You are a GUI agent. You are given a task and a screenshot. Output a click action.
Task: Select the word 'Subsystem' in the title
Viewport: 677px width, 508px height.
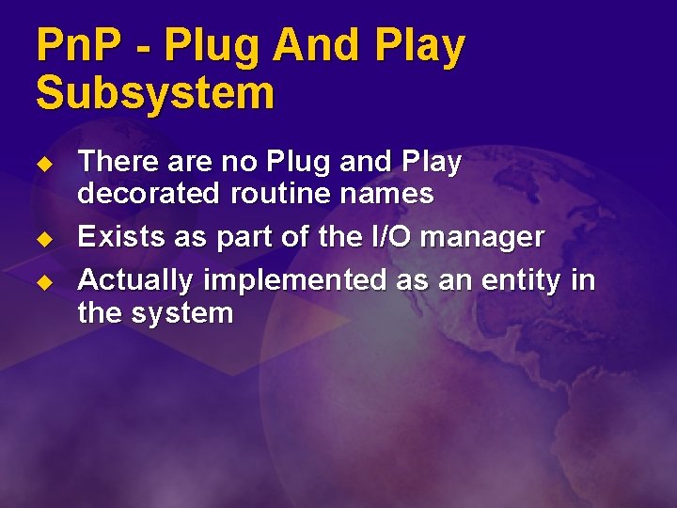point(155,94)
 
